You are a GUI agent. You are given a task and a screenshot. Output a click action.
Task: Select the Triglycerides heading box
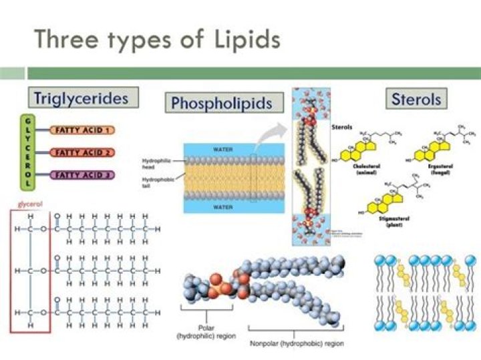83,98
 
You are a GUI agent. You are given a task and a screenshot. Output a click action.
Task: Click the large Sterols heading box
416,100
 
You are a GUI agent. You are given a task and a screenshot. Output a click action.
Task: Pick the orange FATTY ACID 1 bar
84,130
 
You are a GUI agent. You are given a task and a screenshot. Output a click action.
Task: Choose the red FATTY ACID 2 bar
84,153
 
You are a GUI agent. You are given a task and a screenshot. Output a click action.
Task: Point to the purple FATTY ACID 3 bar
84,176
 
